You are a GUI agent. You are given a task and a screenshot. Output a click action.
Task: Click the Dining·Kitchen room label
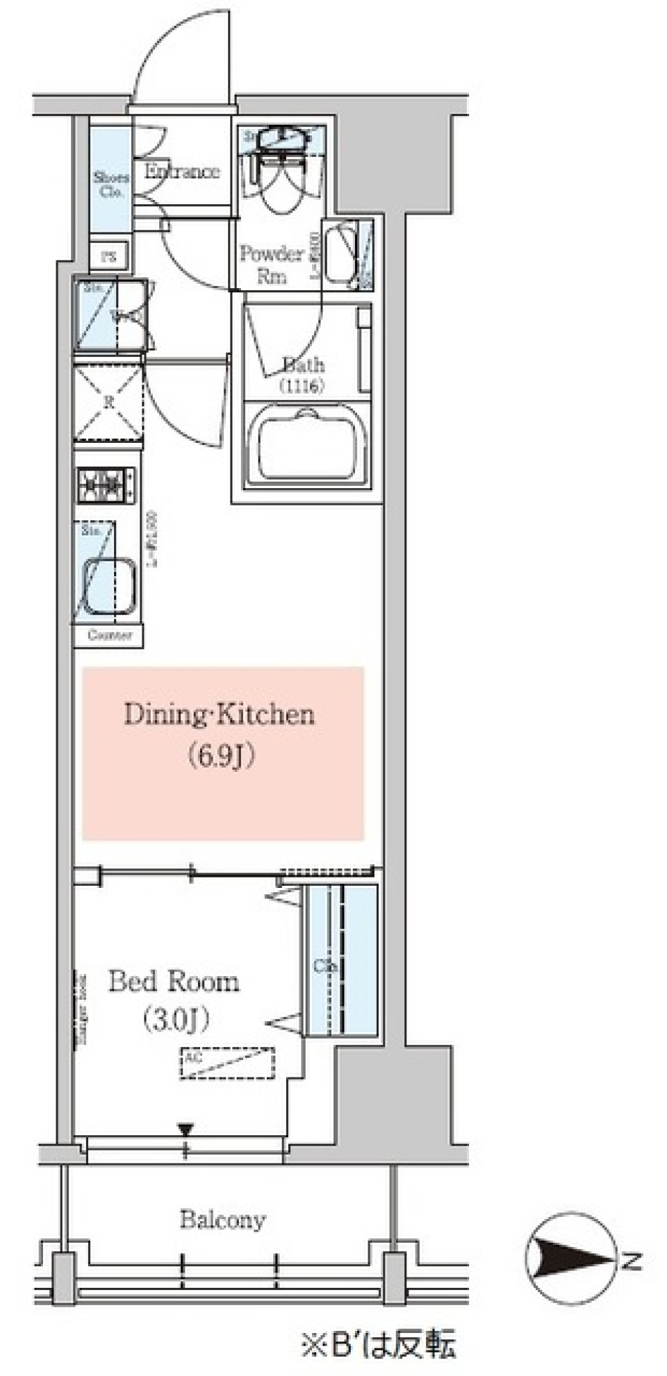220,714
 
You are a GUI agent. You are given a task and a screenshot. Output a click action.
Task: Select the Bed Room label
174,982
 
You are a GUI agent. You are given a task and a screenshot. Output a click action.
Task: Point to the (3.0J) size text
175,1020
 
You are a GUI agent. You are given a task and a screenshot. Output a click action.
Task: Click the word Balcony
222,1220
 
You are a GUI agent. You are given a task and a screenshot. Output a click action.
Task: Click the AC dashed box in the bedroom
227,1063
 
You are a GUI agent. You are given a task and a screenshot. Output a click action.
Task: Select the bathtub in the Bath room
308,444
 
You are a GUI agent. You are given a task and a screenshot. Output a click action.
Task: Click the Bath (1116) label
303,375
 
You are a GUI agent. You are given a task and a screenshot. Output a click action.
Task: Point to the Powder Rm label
272,265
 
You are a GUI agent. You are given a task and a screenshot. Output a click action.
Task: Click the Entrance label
182,171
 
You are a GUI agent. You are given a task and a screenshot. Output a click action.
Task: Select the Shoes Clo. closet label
111,184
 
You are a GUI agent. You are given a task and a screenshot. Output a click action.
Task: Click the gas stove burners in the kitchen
106,485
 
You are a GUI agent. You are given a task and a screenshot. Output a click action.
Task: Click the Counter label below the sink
109,635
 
